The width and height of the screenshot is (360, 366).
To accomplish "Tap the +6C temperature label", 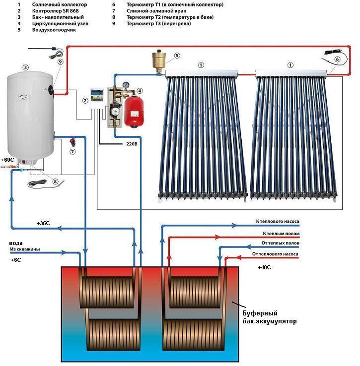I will tap(15, 259).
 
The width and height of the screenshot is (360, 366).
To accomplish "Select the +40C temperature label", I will tap(265, 267).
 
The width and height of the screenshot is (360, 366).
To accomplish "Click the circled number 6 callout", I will tap(337, 59).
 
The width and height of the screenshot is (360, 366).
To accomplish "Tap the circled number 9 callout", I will tap(60, 62).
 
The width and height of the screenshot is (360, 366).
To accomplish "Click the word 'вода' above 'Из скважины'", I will tap(16, 243).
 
